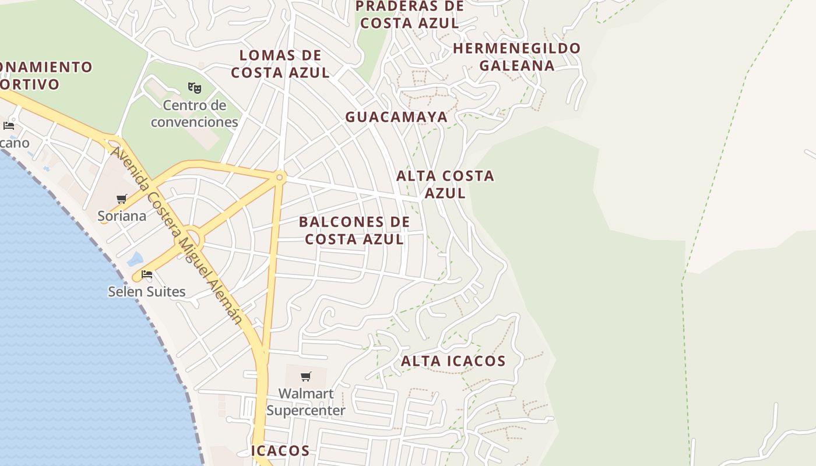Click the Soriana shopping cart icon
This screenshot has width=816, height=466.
(x=122, y=199)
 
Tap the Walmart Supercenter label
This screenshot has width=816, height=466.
(x=306, y=402)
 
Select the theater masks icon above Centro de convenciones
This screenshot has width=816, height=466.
(x=194, y=88)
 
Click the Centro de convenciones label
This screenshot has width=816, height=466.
(x=194, y=114)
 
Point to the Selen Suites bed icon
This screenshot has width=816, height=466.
(x=147, y=274)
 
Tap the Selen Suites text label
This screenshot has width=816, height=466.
(x=147, y=292)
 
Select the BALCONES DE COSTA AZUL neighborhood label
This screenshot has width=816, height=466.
(x=354, y=231)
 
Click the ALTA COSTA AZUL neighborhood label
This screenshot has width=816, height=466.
(x=445, y=184)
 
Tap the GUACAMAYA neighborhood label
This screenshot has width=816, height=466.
(x=396, y=117)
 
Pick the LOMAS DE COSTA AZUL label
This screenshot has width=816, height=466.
(x=280, y=64)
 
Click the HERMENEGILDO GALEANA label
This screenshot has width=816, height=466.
(x=517, y=57)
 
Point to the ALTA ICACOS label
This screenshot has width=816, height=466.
(x=453, y=361)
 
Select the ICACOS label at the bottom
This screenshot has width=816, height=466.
(x=280, y=450)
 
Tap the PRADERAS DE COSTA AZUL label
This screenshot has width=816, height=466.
(x=410, y=15)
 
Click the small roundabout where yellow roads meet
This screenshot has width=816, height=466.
(x=280, y=177)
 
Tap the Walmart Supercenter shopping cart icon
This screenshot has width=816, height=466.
(x=306, y=376)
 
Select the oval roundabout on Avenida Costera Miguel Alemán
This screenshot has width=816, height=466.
(x=194, y=238)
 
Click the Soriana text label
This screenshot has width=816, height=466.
(x=122, y=216)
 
